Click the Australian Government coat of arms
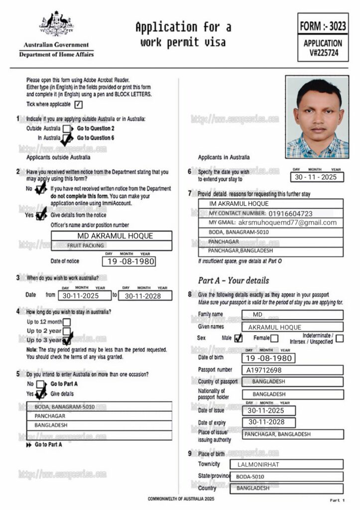[56, 23]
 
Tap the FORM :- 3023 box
[323, 25]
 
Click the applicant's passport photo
[317, 117]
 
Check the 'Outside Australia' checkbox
[67, 129]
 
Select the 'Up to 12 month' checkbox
[67, 322]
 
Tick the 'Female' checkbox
[274, 339]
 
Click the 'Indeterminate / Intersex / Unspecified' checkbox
[339, 339]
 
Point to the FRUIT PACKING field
[112, 246]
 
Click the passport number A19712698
[264, 370]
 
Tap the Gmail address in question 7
[287, 223]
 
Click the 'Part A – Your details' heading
[233, 280]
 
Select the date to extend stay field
[316, 177]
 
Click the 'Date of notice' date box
[128, 261]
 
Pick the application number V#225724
[323, 53]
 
